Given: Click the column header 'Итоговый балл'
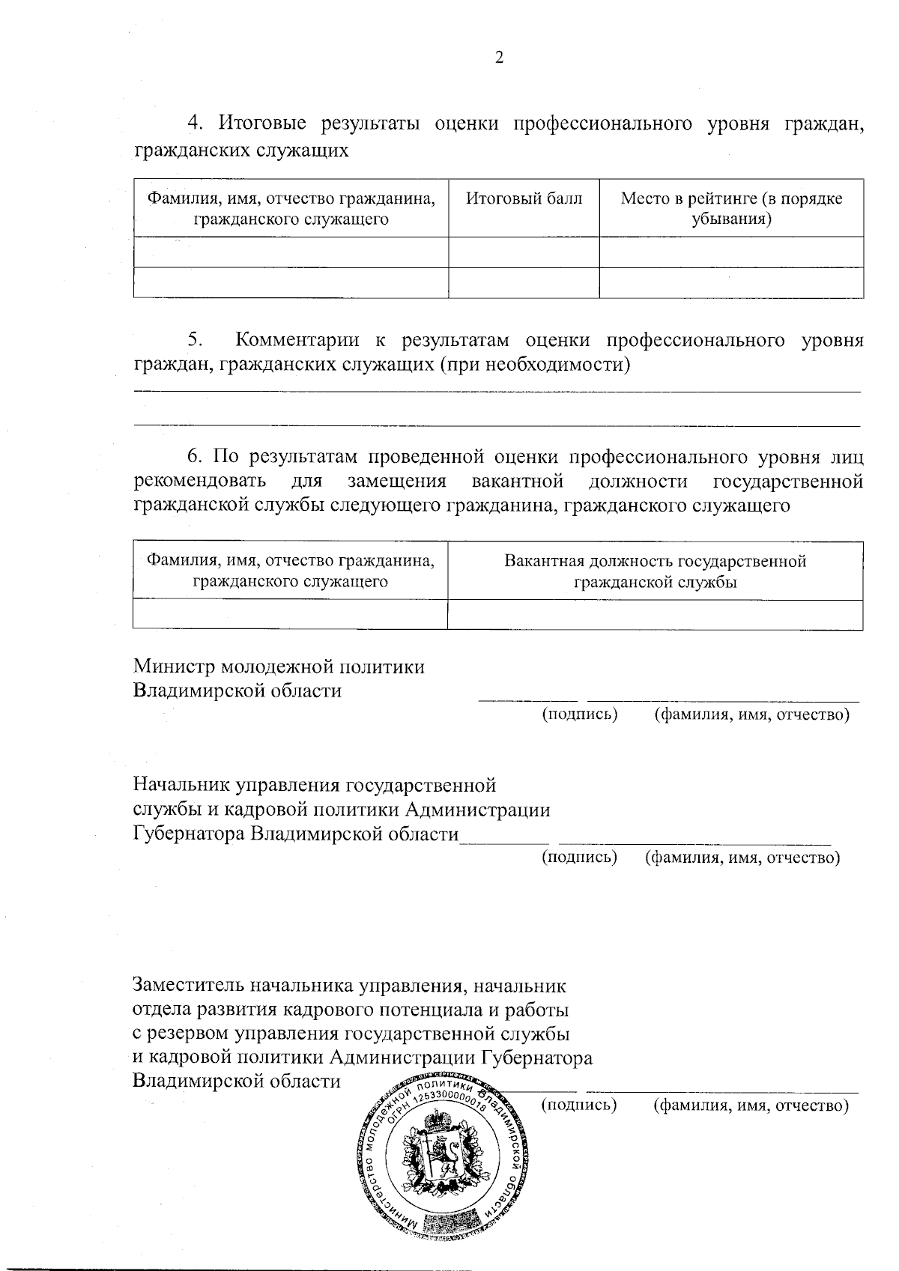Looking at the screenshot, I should point(524,199).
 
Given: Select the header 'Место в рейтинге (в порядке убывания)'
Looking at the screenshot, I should point(731,209).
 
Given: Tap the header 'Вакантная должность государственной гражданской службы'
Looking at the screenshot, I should point(655,571).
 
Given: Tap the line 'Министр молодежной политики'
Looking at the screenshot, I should point(279,667).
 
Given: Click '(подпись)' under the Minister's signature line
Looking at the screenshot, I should point(579,715).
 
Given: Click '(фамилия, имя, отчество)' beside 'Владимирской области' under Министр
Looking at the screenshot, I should point(751,715).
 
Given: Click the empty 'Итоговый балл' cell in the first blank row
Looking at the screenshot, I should point(524,252).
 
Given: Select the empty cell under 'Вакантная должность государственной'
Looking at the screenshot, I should point(655,615).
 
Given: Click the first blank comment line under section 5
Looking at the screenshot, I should point(497,389).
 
